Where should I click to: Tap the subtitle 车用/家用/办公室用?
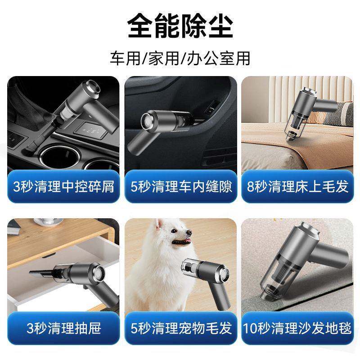[180, 58]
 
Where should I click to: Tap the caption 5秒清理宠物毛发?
[180, 327]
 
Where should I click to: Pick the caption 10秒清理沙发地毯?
[298, 327]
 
